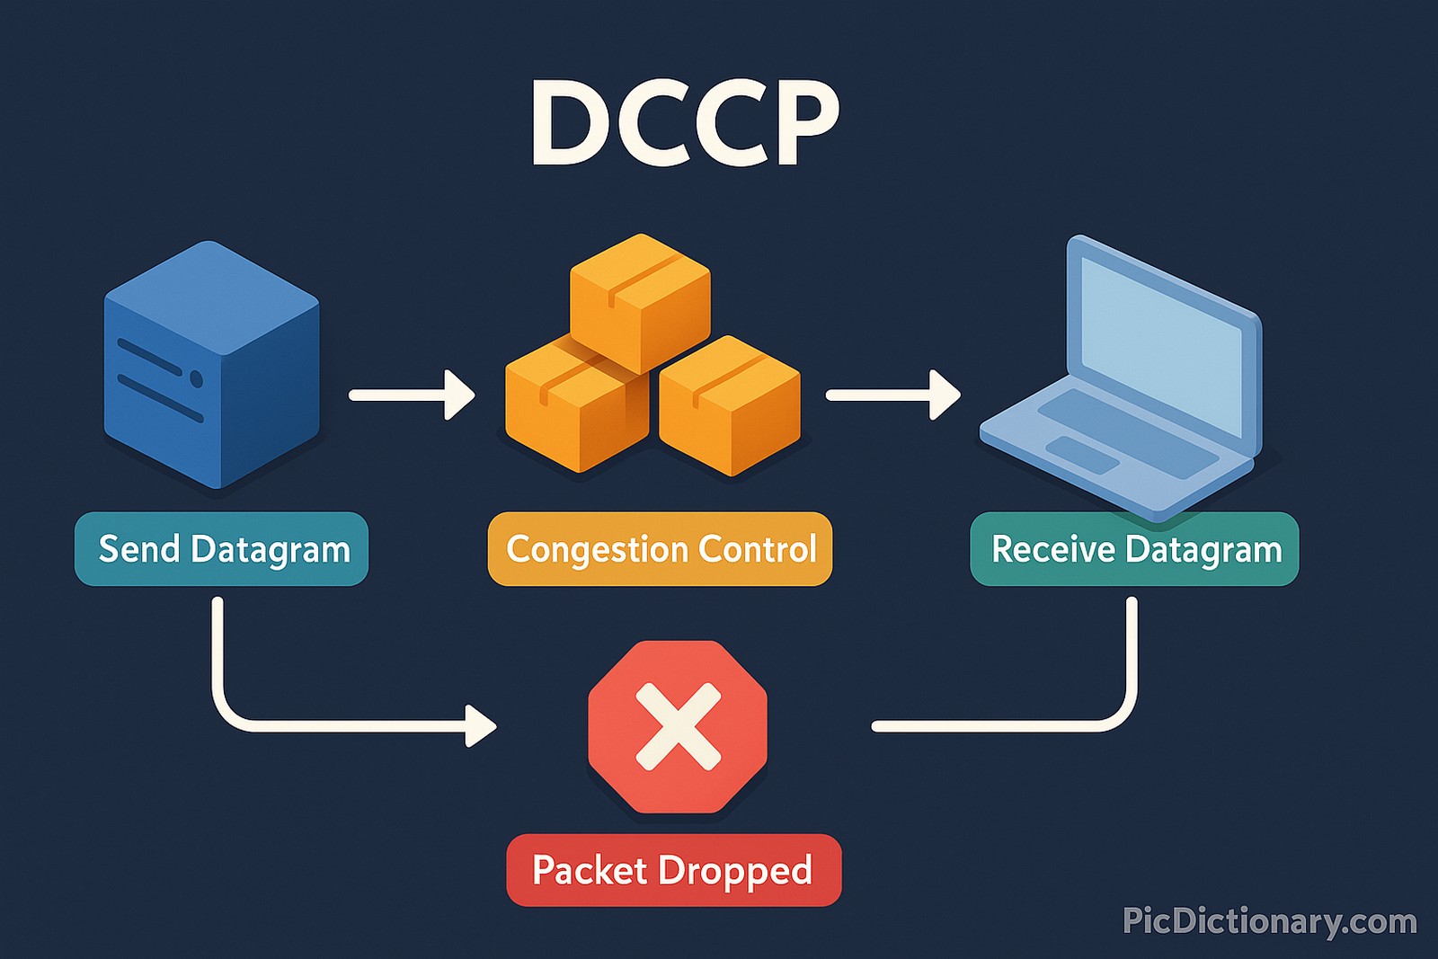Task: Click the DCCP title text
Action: (685, 123)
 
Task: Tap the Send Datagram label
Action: (222, 549)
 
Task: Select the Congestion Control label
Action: (660, 549)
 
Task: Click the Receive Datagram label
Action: (1134, 549)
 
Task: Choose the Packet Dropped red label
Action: (673, 870)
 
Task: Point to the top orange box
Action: (640, 301)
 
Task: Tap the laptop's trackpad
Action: (1083, 454)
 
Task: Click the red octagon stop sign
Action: (678, 726)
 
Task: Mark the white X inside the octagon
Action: (678, 726)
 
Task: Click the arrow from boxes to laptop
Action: (892, 395)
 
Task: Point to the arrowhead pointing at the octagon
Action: (480, 725)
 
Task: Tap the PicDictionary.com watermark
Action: (1269, 921)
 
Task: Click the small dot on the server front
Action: (196, 379)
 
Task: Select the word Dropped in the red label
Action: (735, 870)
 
